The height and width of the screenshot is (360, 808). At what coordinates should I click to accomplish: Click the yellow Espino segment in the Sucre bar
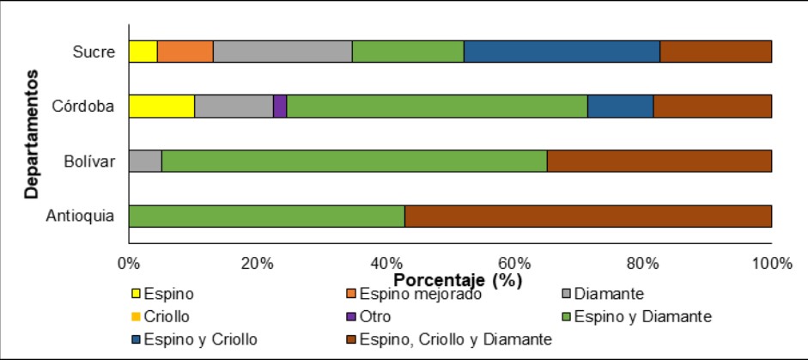coord(143,52)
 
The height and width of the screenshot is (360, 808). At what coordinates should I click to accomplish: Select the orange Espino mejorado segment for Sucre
coord(185,52)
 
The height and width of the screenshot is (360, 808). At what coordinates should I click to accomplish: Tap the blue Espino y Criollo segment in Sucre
coord(562,52)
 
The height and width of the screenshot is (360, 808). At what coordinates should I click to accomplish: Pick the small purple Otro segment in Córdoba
coord(280,107)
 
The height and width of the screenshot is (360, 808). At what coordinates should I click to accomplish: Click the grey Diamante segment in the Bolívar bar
coord(145,161)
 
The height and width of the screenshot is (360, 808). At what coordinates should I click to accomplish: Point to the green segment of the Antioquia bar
coord(266,216)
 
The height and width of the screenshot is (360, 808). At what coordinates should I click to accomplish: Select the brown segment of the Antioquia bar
coord(588,216)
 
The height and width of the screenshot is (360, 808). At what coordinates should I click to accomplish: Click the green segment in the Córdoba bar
coord(437,107)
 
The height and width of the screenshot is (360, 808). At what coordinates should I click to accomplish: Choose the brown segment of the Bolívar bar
coord(659,161)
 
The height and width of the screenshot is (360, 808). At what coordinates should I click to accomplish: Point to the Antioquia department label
coord(81,216)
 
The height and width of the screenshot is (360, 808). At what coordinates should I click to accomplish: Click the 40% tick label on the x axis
coord(385,263)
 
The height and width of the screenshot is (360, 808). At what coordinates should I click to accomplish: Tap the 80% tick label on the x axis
coord(641,263)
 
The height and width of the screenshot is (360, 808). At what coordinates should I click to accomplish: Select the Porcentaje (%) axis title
coord(456,279)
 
